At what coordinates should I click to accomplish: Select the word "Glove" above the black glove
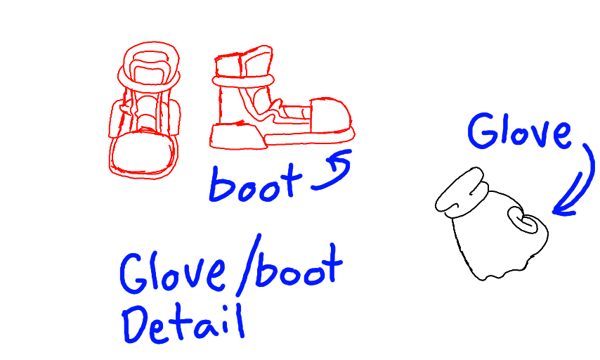(520, 132)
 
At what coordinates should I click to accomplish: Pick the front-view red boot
(145, 112)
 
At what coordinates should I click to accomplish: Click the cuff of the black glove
(460, 191)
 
